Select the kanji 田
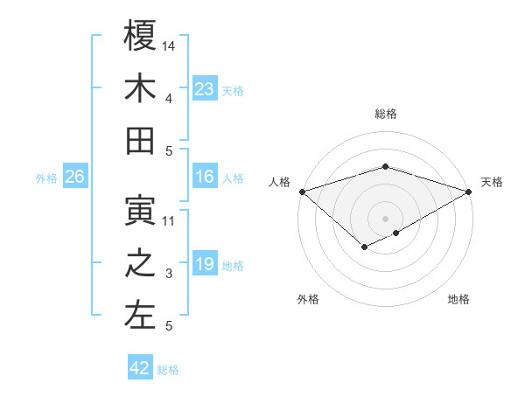[x=140, y=140]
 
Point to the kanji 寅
[x=140, y=210]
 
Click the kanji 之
[x=140, y=263]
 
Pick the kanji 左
[x=140, y=316]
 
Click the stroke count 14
[x=170, y=45]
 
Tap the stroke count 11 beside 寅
[x=170, y=220]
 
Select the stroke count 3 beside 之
[x=170, y=274]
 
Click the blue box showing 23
[x=204, y=88]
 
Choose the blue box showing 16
[x=204, y=177]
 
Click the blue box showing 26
[x=74, y=177]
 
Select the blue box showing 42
[x=139, y=368]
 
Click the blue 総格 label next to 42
[x=168, y=370]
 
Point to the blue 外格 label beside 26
[x=46, y=178]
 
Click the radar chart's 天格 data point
[x=469, y=192]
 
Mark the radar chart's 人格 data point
[x=301, y=192]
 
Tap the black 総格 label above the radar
[x=385, y=114]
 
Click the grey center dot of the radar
[x=385, y=217]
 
